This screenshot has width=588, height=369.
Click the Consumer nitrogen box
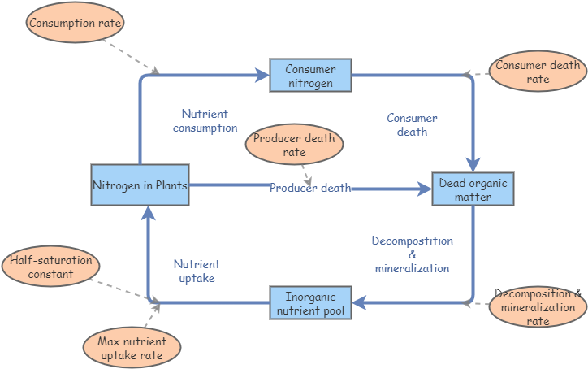point(309,76)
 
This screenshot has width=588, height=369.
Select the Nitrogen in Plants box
point(140,185)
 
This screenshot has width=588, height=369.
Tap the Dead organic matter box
point(473,189)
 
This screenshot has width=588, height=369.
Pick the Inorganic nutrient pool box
point(310,303)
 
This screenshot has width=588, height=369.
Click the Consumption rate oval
point(76,23)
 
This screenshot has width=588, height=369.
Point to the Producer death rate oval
point(295,145)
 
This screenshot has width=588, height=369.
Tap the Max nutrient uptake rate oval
point(131,349)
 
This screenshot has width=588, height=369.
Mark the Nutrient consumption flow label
point(205,121)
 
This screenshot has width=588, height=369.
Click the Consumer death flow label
point(412,125)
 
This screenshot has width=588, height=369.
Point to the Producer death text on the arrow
point(310,188)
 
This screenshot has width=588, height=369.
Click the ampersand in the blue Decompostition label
point(413,254)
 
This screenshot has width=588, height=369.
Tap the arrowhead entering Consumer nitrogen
point(263,76)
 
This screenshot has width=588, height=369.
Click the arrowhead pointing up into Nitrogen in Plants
point(148,213)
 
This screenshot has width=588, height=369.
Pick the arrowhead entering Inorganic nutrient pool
point(358,303)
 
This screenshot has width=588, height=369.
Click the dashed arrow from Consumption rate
point(138,57)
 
